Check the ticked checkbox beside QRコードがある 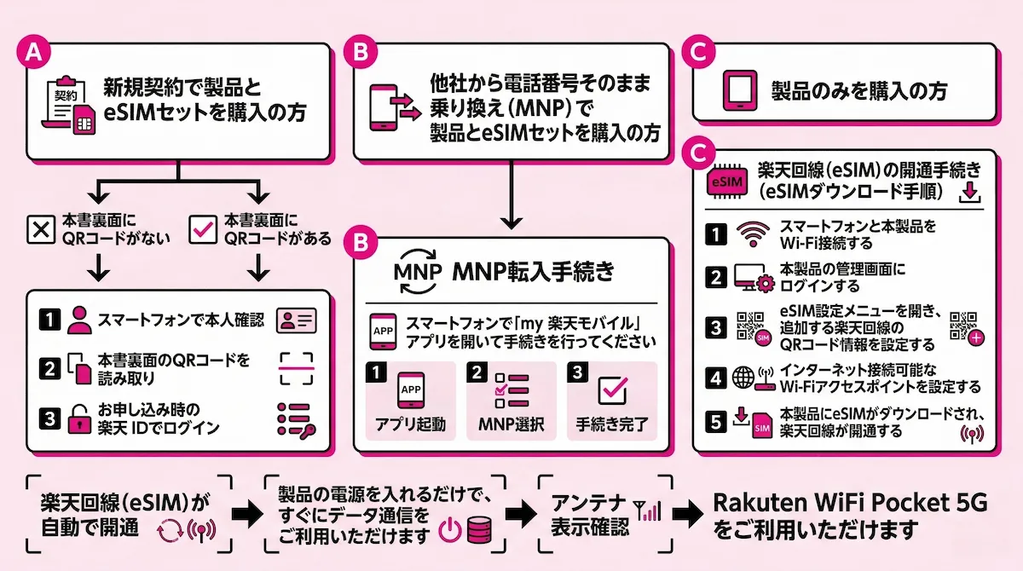coord(201,230)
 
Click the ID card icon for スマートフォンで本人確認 coord(296,320)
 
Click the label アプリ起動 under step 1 coord(408,424)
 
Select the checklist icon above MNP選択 coord(511,388)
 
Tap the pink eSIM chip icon coord(727,181)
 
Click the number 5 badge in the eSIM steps coord(718,420)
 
